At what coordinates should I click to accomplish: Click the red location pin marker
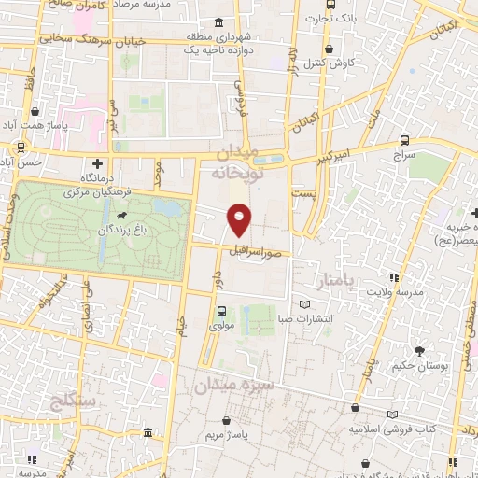point(239,219)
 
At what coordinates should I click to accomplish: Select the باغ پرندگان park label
point(119,228)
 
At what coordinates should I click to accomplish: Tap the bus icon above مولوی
point(221,312)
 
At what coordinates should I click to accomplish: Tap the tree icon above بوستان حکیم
point(419,351)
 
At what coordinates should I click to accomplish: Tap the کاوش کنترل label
point(329,63)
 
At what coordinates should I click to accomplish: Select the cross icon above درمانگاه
point(96,163)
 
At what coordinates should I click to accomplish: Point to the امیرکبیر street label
point(355,152)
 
